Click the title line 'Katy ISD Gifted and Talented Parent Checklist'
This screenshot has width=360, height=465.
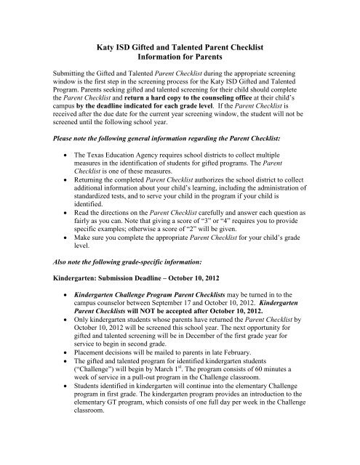coord(180,46)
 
